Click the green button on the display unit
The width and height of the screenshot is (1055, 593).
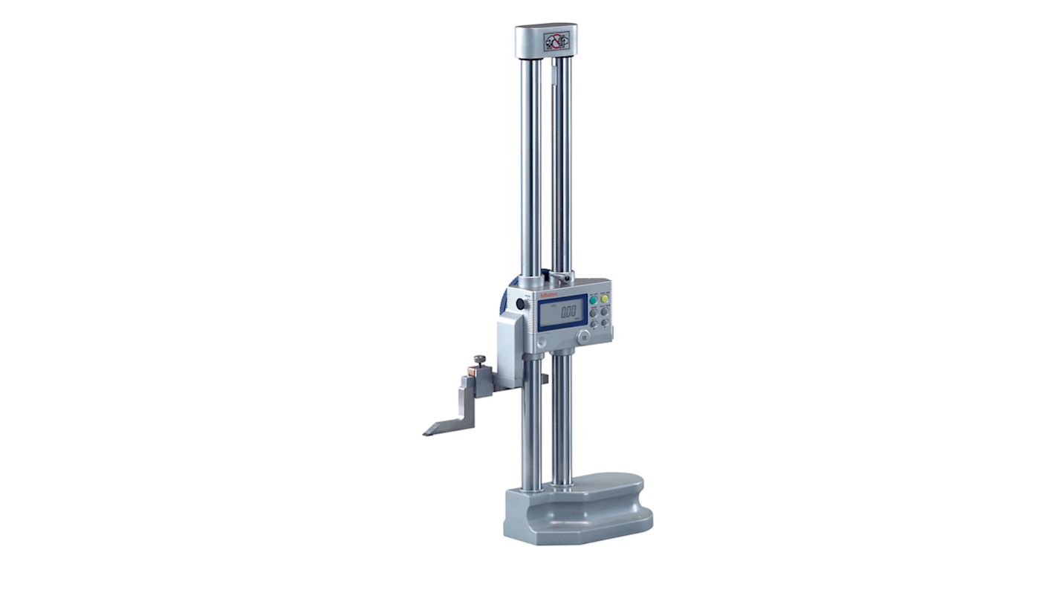pyautogui.click(x=593, y=300)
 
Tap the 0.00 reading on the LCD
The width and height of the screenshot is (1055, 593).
pyautogui.click(x=568, y=311)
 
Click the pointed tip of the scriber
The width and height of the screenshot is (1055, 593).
pyautogui.click(x=426, y=432)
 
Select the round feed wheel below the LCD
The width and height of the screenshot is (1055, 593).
pyautogui.click(x=583, y=337)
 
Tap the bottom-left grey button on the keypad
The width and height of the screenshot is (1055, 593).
pyautogui.click(x=594, y=324)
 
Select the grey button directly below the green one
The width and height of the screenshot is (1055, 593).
pyautogui.click(x=594, y=313)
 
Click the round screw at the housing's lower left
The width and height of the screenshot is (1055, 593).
pyautogui.click(x=542, y=342)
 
